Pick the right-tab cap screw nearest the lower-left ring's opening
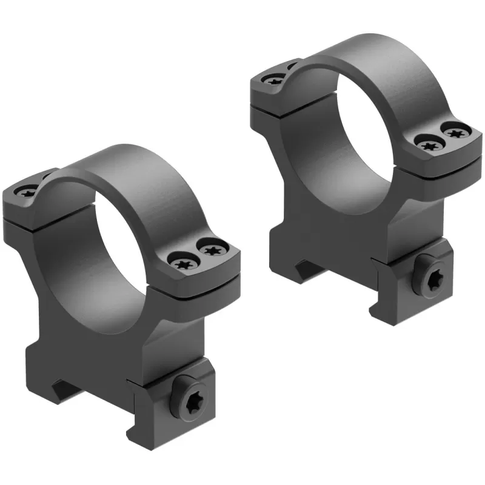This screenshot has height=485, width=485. pyautogui.click(x=183, y=263)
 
